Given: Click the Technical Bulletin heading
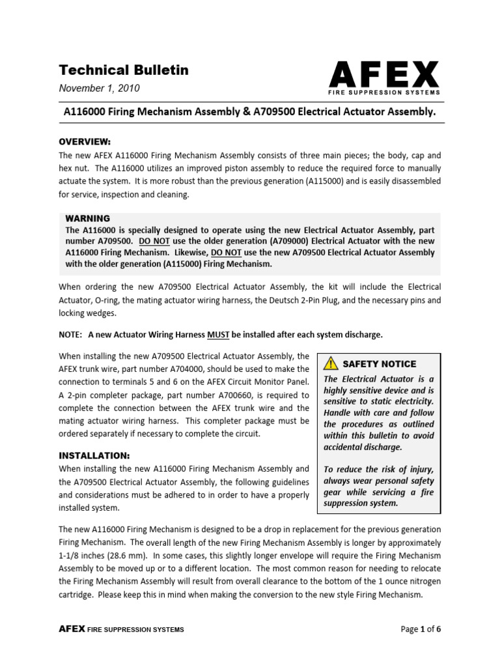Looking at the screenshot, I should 124,70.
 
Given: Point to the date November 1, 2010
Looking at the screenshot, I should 99,89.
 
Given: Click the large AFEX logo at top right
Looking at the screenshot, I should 383,76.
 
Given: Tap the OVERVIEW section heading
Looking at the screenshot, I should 85,142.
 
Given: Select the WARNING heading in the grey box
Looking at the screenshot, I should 88,218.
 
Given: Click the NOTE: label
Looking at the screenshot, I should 71,335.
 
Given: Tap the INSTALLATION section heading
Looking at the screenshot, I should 94,455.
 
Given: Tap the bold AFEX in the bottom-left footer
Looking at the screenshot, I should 68,629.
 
